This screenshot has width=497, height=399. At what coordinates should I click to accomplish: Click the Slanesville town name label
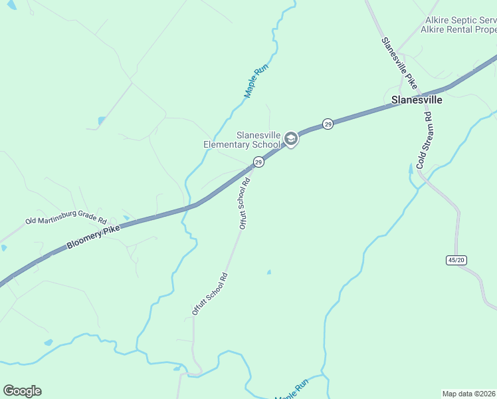417,100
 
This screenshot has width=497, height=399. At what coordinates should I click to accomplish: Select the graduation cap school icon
290,138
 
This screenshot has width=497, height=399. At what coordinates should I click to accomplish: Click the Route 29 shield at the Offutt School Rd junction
258,162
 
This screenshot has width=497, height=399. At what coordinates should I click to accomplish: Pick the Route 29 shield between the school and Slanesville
328,124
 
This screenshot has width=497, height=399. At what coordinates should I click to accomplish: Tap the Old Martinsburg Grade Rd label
66,220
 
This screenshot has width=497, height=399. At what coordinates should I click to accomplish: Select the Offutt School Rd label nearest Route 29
244,203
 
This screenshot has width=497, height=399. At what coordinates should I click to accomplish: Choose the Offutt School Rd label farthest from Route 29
210,293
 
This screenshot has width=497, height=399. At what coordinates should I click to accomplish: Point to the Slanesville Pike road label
399,63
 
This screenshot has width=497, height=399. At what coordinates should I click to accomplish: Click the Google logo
22,391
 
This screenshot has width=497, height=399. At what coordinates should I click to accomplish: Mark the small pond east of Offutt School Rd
268,272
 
